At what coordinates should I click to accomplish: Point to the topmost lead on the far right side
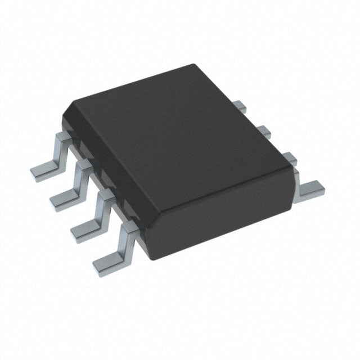(x=240, y=105)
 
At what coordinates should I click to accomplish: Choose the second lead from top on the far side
(x=264, y=132)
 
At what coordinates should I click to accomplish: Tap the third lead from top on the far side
(x=289, y=157)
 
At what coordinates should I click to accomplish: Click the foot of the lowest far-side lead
(x=310, y=189)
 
